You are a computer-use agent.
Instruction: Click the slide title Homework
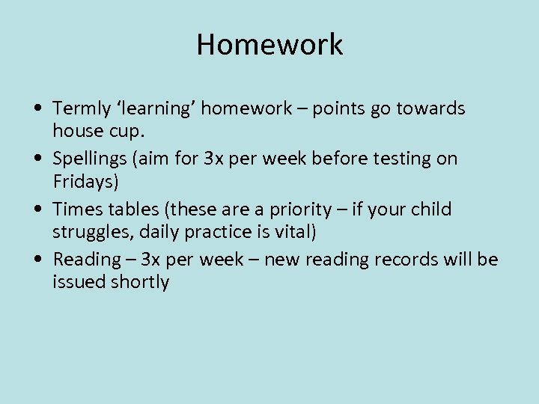click(x=269, y=45)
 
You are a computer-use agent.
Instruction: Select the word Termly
click(x=80, y=109)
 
